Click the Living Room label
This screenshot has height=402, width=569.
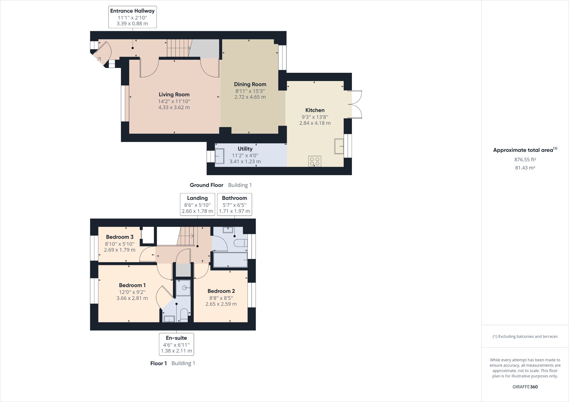point(174,94)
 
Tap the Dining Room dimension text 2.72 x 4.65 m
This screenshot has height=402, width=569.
point(250,97)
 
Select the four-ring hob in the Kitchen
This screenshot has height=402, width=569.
point(315,161)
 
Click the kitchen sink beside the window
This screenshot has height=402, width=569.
point(339,146)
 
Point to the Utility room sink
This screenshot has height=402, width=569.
point(219,156)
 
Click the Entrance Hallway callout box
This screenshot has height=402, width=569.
point(132,17)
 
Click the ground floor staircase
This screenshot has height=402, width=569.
point(178,48)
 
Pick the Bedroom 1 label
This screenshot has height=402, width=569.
point(132,285)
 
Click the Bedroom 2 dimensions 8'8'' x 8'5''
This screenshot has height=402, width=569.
point(221,298)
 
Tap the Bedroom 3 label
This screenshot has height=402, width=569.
point(119,237)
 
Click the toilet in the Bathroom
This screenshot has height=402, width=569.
point(240,243)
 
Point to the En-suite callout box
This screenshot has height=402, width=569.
point(176,344)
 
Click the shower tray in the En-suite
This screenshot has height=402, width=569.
point(183,288)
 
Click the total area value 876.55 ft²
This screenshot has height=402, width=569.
point(525,160)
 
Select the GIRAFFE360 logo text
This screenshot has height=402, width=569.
point(525,387)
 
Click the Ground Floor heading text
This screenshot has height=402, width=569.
point(206,185)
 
